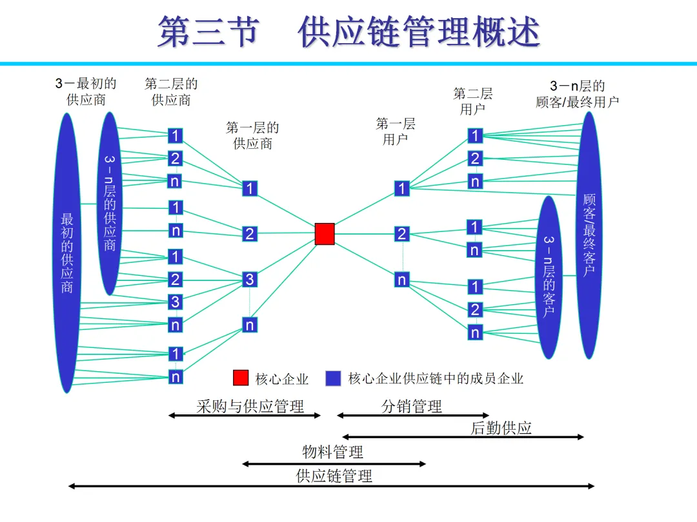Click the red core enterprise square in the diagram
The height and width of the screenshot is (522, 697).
[x=325, y=234]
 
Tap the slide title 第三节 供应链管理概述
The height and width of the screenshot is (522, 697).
[x=348, y=32]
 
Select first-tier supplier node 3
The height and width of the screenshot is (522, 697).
[x=250, y=280]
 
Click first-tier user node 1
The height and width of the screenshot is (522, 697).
[x=402, y=188]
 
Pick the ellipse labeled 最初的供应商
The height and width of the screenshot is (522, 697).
[x=67, y=253]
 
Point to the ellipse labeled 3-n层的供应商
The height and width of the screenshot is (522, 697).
[x=110, y=203]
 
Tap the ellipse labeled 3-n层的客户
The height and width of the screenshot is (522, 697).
[x=549, y=277]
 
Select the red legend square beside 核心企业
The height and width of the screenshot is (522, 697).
[x=241, y=378]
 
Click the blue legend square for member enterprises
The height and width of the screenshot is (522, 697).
[x=333, y=378]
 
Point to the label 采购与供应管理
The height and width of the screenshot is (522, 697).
[x=250, y=406]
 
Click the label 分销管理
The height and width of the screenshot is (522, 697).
[x=412, y=406]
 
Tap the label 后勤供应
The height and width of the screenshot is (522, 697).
[x=501, y=428]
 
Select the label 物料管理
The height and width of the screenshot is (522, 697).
[x=332, y=451]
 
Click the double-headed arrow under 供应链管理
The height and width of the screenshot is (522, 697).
[x=331, y=486]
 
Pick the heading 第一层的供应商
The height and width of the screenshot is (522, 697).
[x=252, y=135]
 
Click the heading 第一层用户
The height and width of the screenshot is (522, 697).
[x=396, y=131]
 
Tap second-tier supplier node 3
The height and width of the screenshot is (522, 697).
[x=176, y=302]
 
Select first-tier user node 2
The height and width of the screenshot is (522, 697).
[x=402, y=234]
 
